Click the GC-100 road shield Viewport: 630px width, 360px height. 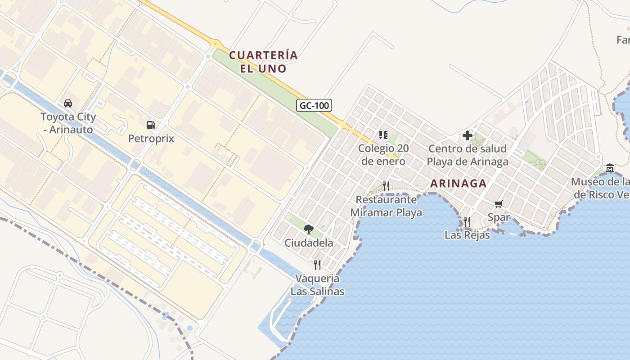tap(314, 106)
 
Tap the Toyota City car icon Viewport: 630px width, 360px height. tap(68, 103)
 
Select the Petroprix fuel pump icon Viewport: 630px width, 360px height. tap(151, 125)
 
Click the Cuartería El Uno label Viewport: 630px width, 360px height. tap(263, 62)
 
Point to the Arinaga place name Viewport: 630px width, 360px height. tap(458, 184)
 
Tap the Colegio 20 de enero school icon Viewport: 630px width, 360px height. tap(383, 135)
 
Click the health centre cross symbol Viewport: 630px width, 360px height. tap(468, 135)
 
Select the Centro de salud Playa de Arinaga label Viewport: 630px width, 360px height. tap(467, 155)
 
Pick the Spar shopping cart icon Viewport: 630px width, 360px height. tap(499, 205)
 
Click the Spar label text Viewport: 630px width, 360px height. tap(499, 218)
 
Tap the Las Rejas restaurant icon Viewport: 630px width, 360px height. tap(467, 221)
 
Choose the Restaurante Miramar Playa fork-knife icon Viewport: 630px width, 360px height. tap(386, 186)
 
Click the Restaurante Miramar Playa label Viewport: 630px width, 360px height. tap(386, 206)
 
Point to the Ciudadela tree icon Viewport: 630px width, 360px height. tap(309, 229)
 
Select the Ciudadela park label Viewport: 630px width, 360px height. tap(309, 243)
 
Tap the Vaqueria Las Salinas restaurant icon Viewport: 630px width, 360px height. tap(317, 265)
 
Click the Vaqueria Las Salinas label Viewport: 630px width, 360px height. tap(317, 285)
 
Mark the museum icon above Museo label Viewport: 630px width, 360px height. tap(610, 168)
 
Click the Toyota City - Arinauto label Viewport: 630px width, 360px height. tap(68, 123)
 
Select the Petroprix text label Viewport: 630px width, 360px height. tap(151, 139)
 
